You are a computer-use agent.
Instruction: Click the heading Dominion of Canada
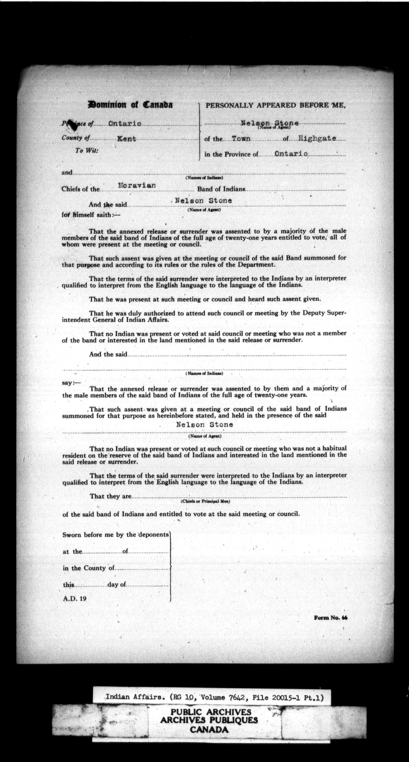[x=130, y=105]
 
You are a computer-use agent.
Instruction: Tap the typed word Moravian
[x=137, y=186]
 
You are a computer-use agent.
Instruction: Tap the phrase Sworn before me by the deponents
[x=116, y=535]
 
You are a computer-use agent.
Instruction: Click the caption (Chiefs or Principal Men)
[x=205, y=502]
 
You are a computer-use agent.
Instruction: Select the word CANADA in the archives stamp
[x=209, y=729]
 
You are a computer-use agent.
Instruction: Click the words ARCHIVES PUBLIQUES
[x=209, y=720]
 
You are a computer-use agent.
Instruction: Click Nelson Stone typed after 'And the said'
[x=203, y=201]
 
